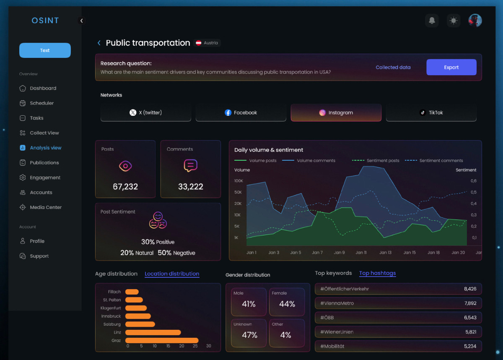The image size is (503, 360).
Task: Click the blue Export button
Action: [451, 67]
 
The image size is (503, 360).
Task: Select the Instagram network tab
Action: [336, 112]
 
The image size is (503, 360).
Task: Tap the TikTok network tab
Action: [431, 112]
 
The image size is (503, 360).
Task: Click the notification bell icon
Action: [432, 21]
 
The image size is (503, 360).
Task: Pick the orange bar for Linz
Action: [153, 332]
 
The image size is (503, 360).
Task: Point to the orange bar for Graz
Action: [162, 340]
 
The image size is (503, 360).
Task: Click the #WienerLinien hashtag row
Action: [398, 332]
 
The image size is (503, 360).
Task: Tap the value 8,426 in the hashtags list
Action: [470, 289]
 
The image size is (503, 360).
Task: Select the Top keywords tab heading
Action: [333, 273]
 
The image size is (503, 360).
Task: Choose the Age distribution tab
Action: [116, 274]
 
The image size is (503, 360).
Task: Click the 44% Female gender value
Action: [287, 304]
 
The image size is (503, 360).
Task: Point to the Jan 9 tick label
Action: [339, 253]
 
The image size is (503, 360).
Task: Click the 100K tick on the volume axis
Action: [239, 181]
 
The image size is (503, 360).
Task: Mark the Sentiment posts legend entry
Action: [376, 160]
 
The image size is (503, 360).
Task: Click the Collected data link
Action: [393, 67]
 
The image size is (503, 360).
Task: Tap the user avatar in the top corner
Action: [475, 21]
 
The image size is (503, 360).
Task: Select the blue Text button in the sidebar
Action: [45, 50]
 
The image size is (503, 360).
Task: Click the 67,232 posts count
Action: [125, 187]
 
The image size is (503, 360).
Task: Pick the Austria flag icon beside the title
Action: [198, 43]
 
